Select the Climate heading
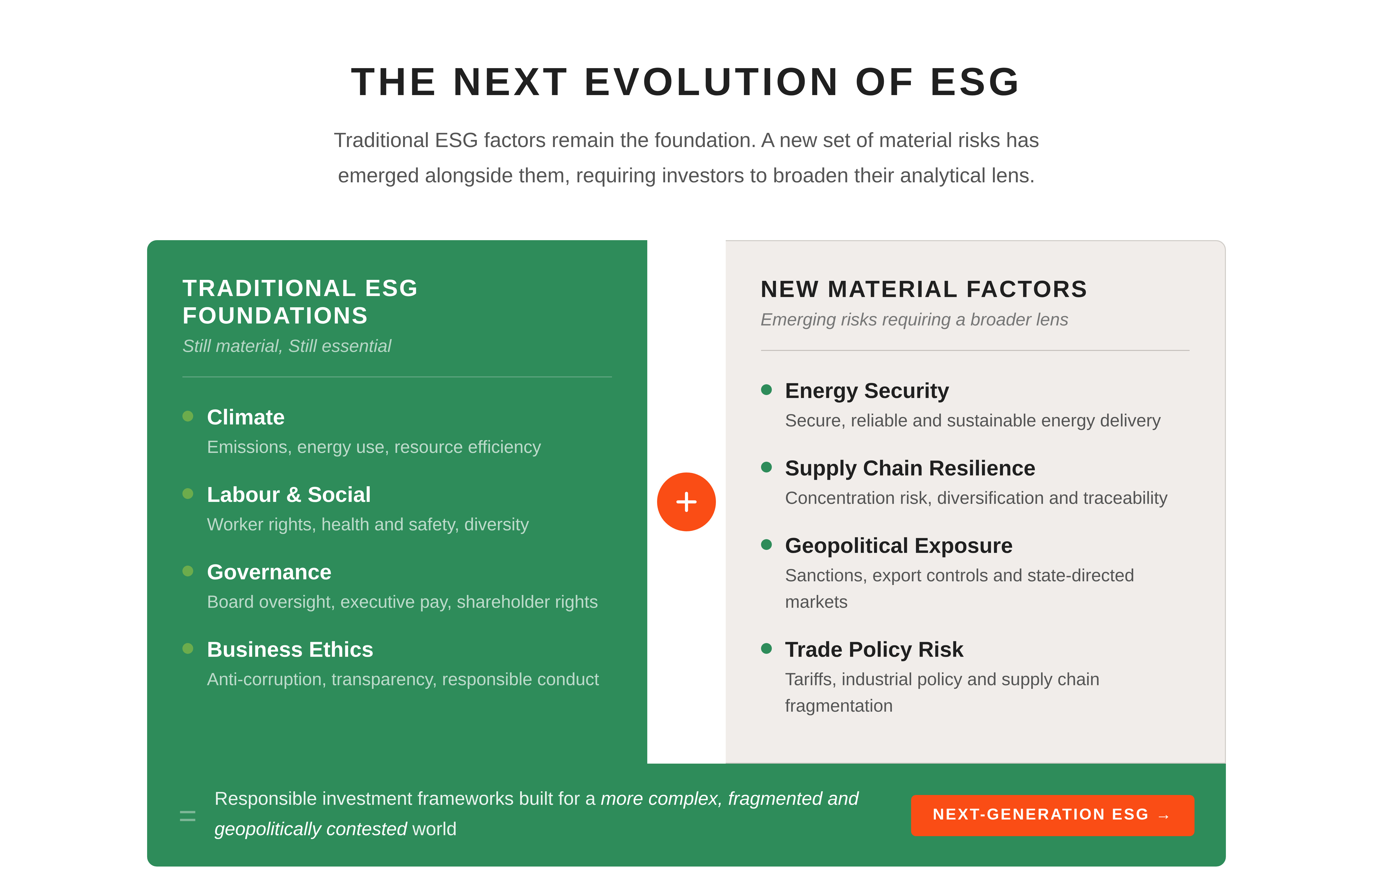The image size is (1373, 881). [245, 417]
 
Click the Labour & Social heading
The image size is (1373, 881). [288, 494]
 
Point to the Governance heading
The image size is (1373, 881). [269, 572]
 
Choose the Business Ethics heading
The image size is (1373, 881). [290, 649]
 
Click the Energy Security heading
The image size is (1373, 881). [866, 391]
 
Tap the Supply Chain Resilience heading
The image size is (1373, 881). [910, 468]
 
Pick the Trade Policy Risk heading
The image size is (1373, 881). [874, 649]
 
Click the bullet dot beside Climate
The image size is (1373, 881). [188, 416]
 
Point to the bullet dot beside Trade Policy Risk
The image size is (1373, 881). [766, 648]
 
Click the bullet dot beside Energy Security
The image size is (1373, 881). [766, 390]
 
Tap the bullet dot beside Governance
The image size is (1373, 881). [188, 571]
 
